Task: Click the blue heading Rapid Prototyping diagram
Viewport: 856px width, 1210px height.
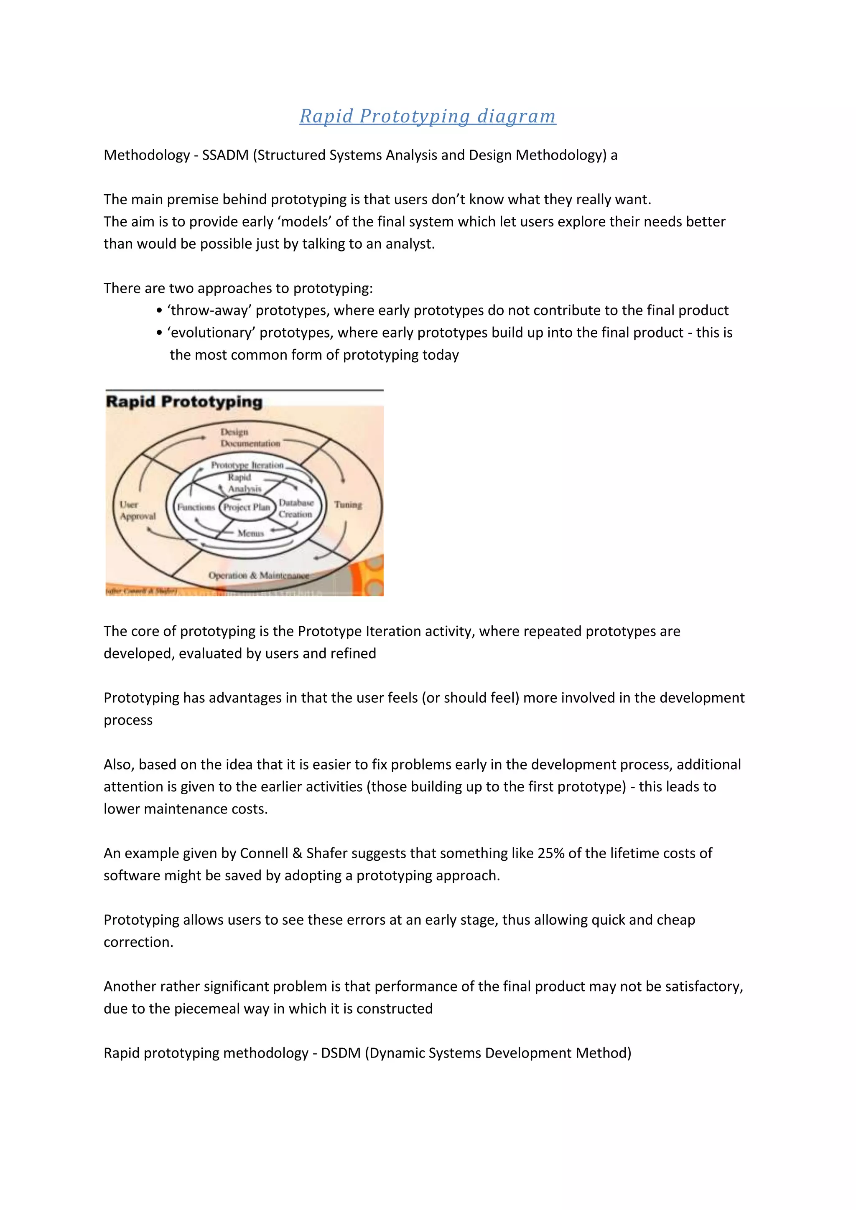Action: [428, 116]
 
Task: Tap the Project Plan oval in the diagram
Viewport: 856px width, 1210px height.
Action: [247, 507]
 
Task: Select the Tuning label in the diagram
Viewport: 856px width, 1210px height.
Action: [348, 504]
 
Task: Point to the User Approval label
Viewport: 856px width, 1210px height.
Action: [137, 510]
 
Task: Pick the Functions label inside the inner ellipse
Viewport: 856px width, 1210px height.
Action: [196, 507]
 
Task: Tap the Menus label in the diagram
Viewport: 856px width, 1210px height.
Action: [250, 533]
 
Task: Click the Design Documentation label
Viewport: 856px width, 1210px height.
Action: [250, 438]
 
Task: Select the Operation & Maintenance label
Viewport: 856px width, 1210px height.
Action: [258, 575]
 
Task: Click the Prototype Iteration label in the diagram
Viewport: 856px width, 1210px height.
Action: [247, 465]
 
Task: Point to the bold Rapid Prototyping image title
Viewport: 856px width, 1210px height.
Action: [184, 402]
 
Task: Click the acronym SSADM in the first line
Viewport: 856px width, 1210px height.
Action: [225, 155]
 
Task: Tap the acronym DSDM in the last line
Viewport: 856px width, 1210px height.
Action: [341, 1053]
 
